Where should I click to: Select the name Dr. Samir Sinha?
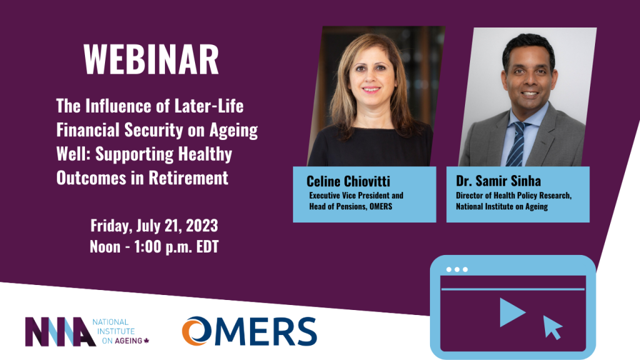pos(498,181)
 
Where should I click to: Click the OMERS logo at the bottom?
pos(249,331)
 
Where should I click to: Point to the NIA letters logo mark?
pos(59,331)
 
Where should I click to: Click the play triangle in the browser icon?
pos(511,312)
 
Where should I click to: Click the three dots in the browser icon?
pos(457,269)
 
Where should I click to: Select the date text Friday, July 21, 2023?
pos(154,225)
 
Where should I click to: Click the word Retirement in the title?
pos(188,177)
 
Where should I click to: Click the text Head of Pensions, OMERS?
pos(351,206)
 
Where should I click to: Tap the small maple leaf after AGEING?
pos(147,341)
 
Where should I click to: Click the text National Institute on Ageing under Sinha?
pos(502,206)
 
